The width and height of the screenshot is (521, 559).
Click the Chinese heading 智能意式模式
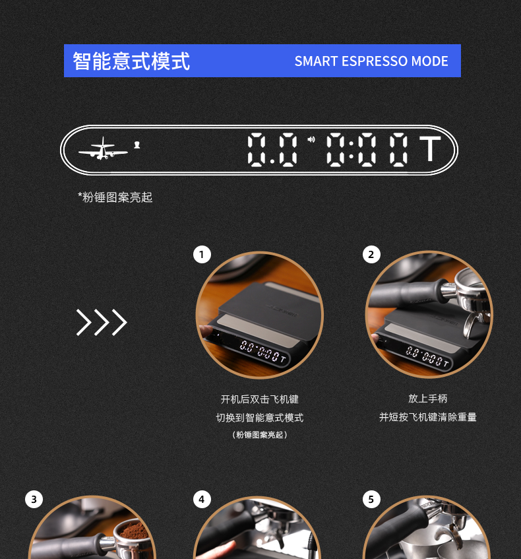click(x=131, y=61)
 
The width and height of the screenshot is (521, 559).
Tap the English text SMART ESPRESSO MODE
click(x=371, y=61)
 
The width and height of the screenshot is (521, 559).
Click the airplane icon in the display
click(x=103, y=148)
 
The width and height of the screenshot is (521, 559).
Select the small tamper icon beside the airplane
click(x=137, y=145)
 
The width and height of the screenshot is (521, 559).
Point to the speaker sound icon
click(x=311, y=139)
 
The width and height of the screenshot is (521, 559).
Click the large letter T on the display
click(x=430, y=148)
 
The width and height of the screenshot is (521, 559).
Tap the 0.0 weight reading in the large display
click(x=272, y=149)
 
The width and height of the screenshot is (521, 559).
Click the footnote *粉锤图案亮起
click(x=115, y=197)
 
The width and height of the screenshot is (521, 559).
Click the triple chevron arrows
click(x=102, y=322)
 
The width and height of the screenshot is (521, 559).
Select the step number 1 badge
click(x=202, y=255)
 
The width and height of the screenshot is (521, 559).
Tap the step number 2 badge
click(x=371, y=255)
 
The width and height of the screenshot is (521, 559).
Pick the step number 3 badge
click(x=34, y=500)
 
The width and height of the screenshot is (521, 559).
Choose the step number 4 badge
click(x=202, y=500)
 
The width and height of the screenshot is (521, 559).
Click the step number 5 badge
click(x=371, y=500)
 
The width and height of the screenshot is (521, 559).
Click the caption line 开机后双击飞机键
click(x=259, y=399)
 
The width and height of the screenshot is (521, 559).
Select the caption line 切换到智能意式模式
click(x=259, y=418)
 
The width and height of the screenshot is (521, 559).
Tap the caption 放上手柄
click(x=427, y=399)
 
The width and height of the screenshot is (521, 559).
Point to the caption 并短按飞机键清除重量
click(x=427, y=416)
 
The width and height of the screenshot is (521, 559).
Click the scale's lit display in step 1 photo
click(x=262, y=351)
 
